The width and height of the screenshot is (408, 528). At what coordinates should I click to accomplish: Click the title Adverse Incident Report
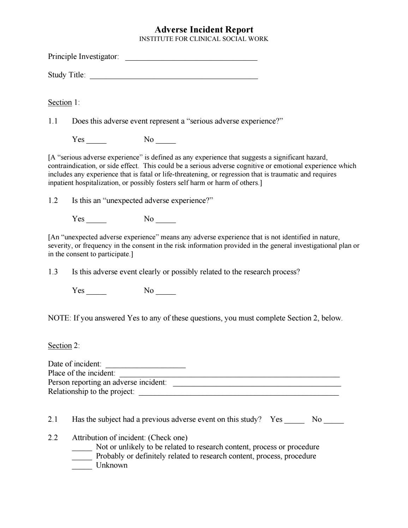coord(204,30)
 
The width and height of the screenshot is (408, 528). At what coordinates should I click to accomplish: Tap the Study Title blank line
coord(174,76)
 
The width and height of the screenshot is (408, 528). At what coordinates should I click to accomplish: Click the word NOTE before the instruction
coord(59,318)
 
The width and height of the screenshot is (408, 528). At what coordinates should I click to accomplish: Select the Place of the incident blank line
coord(229,374)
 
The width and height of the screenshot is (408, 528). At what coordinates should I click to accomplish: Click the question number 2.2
coord(53,438)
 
